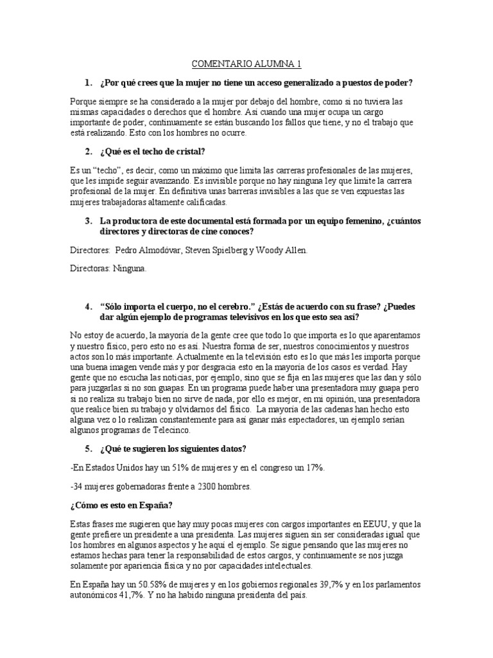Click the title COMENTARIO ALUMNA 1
coord(246,64)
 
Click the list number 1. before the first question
coord(89,83)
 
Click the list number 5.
coord(89,447)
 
